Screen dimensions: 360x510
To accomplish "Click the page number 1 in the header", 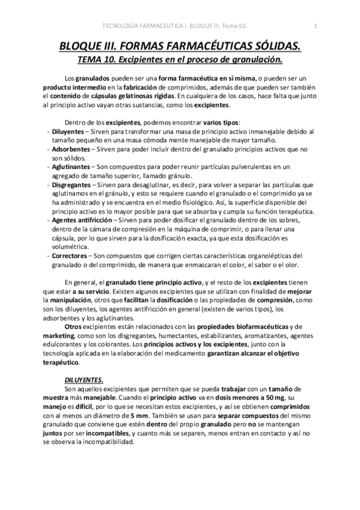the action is [x=316, y=25].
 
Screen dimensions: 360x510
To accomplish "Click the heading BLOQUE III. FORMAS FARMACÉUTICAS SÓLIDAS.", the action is [x=179, y=46].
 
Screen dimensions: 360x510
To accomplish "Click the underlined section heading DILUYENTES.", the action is [x=84, y=379].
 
